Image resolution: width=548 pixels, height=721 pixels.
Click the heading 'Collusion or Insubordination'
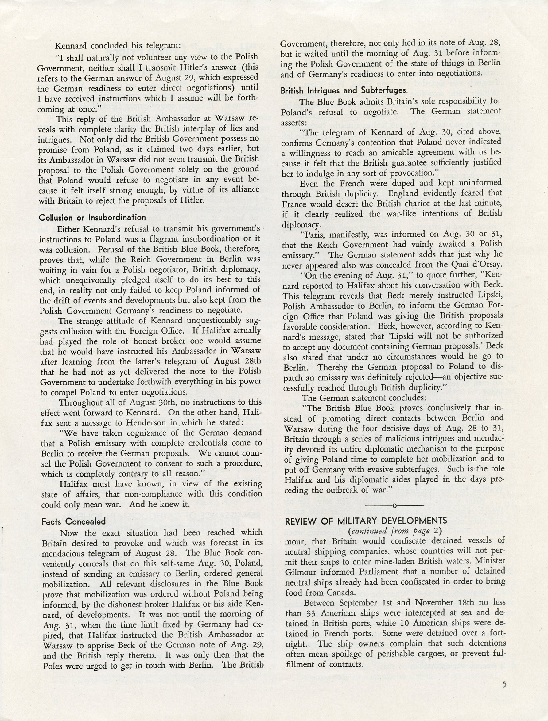tap(92, 217)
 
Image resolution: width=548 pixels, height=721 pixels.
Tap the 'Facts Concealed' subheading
tap(73, 521)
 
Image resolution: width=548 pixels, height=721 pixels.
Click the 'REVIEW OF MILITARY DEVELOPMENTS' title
tap(366, 521)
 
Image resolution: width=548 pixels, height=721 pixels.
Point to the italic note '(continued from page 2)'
tap(394, 531)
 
